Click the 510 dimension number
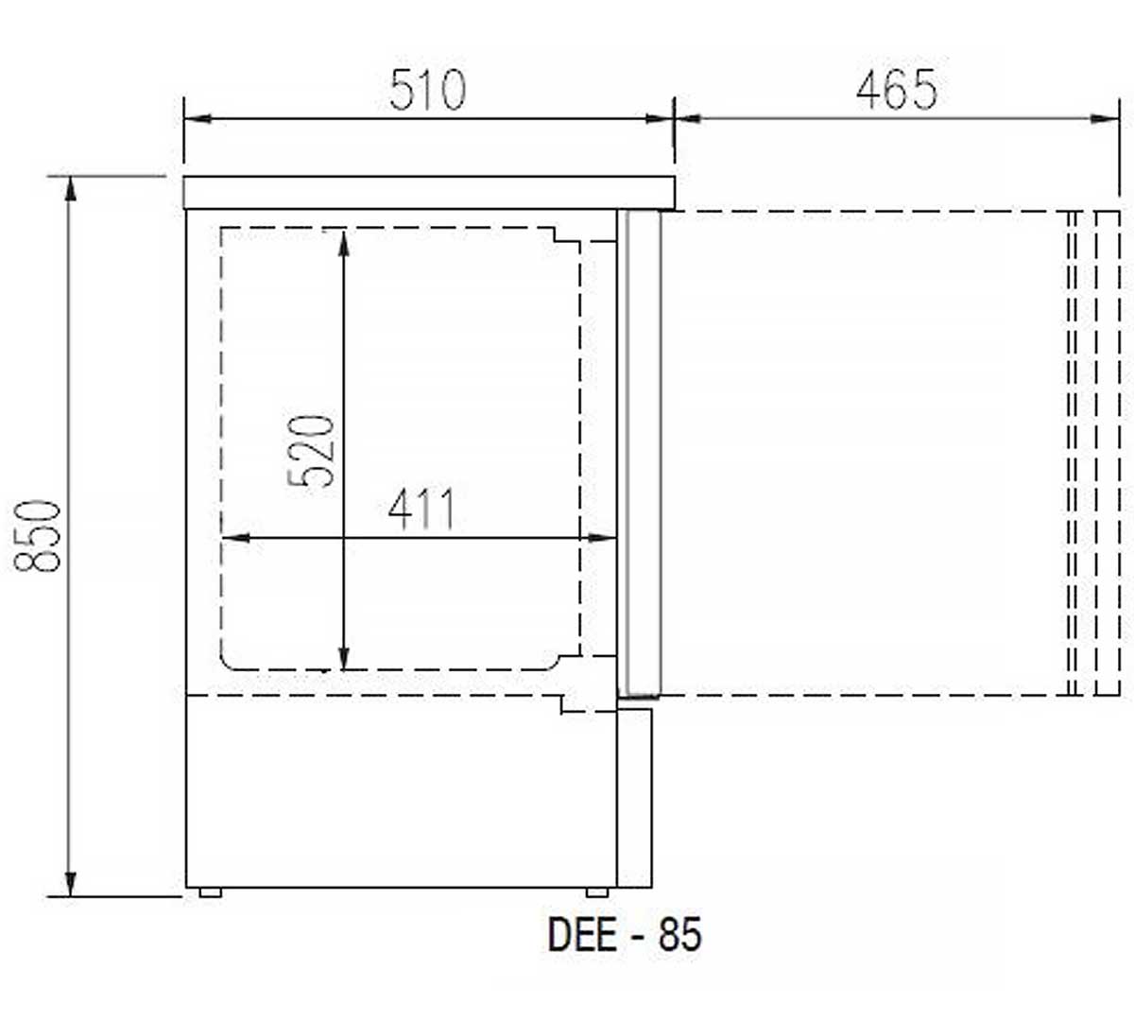click(427, 90)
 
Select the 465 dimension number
click(897, 90)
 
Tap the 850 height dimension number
click(37, 536)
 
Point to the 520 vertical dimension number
click(311, 451)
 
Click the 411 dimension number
click(421, 510)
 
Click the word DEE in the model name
click(582, 934)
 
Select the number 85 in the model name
click(680, 934)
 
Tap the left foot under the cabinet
click(211, 892)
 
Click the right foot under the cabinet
click(597, 892)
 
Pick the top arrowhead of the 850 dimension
click(70, 188)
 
